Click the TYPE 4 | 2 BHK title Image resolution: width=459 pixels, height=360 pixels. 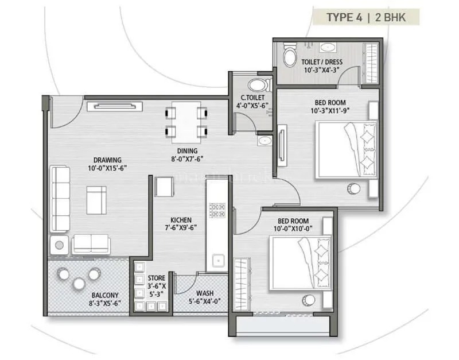[365, 17]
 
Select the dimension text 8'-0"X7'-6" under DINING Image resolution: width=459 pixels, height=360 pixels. [186, 159]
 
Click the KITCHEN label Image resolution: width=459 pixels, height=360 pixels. [181, 220]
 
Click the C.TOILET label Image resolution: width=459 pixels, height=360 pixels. [252, 98]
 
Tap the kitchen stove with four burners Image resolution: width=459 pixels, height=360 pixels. [218, 210]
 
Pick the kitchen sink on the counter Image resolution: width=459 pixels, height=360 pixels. [218, 260]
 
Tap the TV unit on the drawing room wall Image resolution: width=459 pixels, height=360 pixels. [114, 105]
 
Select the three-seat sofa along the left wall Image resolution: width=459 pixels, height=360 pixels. [60, 198]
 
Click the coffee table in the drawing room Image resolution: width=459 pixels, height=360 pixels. [96, 199]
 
